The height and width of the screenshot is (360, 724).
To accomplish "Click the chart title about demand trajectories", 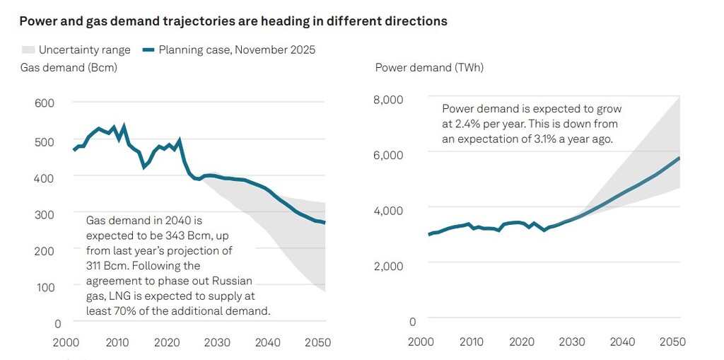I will pos(233,21).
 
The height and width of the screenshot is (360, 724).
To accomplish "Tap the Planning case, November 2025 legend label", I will pos(236,50).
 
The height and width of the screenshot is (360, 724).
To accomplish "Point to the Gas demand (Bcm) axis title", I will pos(68,68).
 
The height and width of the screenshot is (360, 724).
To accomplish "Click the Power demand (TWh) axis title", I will pos(428,68).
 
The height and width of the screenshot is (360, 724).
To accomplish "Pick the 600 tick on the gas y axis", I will pos(44,103).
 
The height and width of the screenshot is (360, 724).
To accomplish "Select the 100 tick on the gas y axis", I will pos(44,287).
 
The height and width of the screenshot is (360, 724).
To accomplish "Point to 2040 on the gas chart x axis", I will pos(267,342).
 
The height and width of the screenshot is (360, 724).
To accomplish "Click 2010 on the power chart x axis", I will pos(471,342).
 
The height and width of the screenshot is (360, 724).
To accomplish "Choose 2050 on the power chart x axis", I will pos(672,342).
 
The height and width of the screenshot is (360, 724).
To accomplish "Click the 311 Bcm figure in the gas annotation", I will pos(104,266).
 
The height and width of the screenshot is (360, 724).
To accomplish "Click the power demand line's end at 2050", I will pos(679,158).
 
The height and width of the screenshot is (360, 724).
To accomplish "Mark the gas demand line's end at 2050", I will pos(325,223).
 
